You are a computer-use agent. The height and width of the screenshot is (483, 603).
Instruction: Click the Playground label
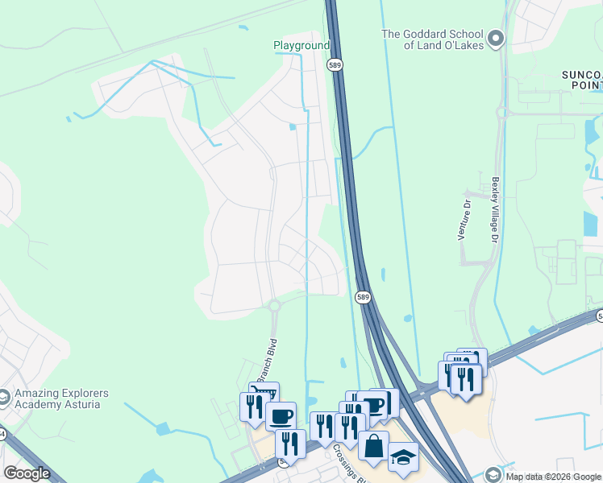click(x=301, y=46)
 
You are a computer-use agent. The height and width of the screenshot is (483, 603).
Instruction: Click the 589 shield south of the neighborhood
click(x=363, y=298)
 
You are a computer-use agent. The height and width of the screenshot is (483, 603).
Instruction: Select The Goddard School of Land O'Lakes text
click(x=432, y=39)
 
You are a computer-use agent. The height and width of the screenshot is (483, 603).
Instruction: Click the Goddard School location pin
click(x=496, y=37)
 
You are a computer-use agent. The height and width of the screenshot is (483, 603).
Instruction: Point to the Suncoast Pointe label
click(x=582, y=80)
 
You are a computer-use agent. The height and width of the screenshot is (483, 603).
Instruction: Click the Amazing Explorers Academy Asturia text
click(x=60, y=399)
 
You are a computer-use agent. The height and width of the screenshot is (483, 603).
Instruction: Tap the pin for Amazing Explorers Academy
click(x=5, y=398)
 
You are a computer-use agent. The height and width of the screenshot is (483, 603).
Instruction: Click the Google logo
click(x=27, y=473)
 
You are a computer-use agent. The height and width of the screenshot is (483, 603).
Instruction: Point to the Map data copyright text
click(x=553, y=477)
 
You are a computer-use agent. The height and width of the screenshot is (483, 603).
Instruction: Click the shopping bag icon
click(x=373, y=446)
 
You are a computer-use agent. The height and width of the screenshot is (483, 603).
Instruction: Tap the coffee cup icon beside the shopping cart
click(x=281, y=416)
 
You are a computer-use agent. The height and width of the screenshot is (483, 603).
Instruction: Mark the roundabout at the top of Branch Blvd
click(x=274, y=306)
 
